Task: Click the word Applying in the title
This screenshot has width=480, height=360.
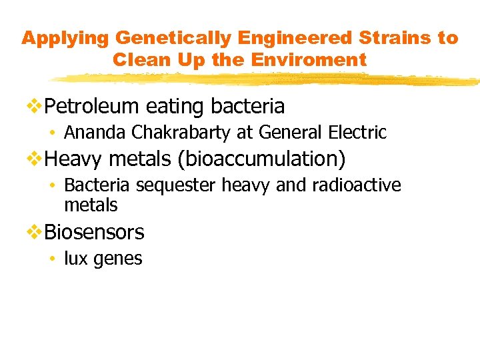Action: point(57,38)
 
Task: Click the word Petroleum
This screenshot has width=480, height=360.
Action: point(93,106)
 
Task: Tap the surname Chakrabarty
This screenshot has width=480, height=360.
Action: point(182,133)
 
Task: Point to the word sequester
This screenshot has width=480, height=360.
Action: point(177,185)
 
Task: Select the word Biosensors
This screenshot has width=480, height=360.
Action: point(94,232)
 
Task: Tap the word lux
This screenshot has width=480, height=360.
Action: point(75,258)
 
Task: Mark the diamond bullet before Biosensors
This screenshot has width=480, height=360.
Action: point(35,232)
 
